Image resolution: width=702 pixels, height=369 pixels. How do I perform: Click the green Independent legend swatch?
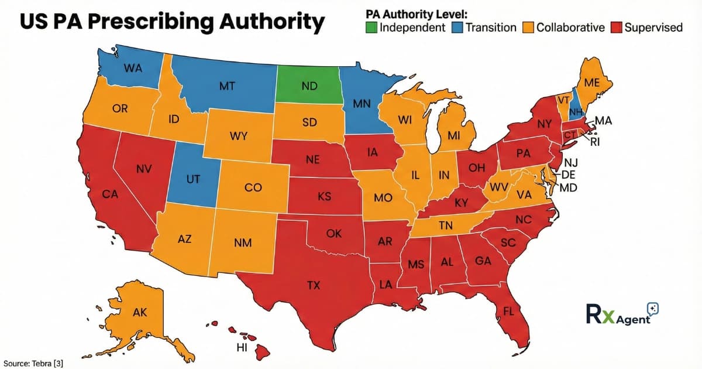click(x=371, y=28)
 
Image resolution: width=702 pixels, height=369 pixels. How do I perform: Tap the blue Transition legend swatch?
click(x=457, y=28)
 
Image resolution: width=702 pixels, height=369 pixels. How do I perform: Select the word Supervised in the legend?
click(x=653, y=28)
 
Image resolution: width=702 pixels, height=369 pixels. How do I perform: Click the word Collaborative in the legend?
click(x=570, y=28)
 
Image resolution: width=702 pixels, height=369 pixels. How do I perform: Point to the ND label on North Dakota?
click(x=309, y=86)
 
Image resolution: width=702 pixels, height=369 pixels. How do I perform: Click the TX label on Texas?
click(x=314, y=286)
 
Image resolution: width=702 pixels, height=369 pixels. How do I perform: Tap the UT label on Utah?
click(x=194, y=179)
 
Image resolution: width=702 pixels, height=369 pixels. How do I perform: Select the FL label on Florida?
click(x=508, y=311)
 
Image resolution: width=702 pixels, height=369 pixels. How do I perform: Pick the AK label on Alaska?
click(x=140, y=312)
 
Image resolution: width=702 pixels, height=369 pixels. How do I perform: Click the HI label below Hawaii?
click(x=241, y=347)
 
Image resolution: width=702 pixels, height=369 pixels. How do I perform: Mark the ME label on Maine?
click(x=592, y=83)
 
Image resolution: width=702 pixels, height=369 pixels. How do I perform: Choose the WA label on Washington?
click(x=133, y=67)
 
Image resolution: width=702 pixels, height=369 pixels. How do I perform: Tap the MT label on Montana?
click(x=227, y=86)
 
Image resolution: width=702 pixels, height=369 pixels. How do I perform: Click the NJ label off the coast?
click(x=570, y=162)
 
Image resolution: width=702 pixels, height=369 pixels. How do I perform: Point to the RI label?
click(x=596, y=141)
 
